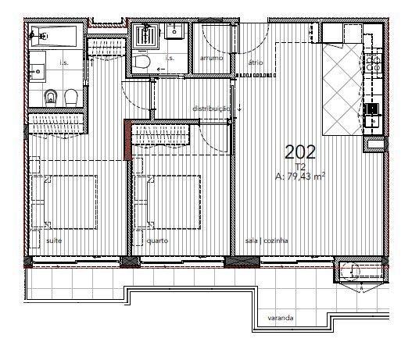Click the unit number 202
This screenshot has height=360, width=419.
[x=300, y=152]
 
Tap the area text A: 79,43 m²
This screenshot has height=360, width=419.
[x=300, y=176]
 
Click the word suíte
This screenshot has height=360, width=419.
[x=54, y=241]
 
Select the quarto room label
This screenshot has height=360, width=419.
[x=157, y=241]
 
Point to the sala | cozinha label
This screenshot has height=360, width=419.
[x=267, y=241]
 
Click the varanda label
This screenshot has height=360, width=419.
[x=281, y=318]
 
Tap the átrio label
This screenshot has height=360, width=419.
[x=256, y=62]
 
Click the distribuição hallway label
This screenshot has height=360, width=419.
[x=211, y=109]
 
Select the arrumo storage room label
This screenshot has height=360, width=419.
[x=211, y=58]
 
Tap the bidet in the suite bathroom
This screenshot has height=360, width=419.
[x=50, y=98]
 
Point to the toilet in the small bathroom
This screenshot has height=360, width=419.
[x=141, y=62]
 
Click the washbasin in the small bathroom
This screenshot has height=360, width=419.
[x=174, y=30]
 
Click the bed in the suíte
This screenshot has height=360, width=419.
[x=64, y=202]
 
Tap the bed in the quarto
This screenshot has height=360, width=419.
[x=167, y=202]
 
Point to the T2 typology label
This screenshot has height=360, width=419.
[x=300, y=167]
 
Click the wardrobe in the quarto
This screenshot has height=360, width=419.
[x=160, y=135]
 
